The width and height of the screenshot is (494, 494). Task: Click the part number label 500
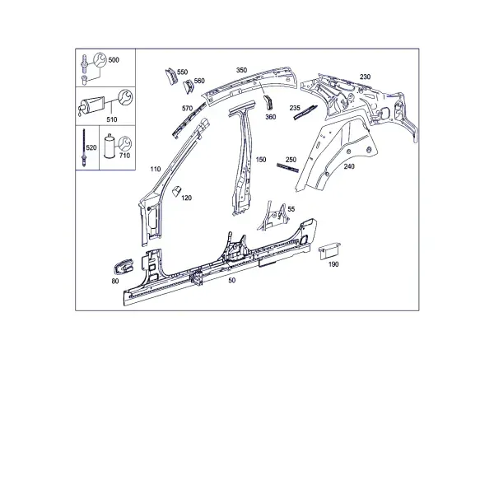[x=114, y=60]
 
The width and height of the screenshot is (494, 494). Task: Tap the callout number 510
[x=112, y=119]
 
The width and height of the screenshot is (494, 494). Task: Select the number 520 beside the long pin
[x=91, y=147]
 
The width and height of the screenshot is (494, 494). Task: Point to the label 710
[x=125, y=156]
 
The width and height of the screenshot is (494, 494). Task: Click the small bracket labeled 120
[x=176, y=191]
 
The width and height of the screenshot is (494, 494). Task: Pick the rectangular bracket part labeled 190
[x=329, y=251]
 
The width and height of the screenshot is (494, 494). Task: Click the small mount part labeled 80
[x=123, y=266]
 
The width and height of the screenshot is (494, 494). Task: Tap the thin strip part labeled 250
[x=287, y=168]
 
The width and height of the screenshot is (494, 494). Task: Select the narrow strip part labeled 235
[x=305, y=113]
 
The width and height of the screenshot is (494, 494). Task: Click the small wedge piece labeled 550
[x=171, y=77]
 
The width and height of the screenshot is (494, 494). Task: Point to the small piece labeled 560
[x=189, y=86]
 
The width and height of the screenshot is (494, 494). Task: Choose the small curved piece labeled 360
[x=268, y=102]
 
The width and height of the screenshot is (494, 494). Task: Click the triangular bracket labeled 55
[x=273, y=216]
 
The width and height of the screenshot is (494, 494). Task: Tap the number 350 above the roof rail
[x=241, y=70]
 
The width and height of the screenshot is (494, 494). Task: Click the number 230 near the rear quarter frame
[x=365, y=77]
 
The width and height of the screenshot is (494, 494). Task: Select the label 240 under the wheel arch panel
[x=349, y=166]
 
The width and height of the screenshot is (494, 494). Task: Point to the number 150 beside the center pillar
[x=261, y=160]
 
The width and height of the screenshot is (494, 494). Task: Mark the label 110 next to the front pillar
[x=156, y=169]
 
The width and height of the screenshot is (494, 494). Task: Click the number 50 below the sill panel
[x=231, y=280]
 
